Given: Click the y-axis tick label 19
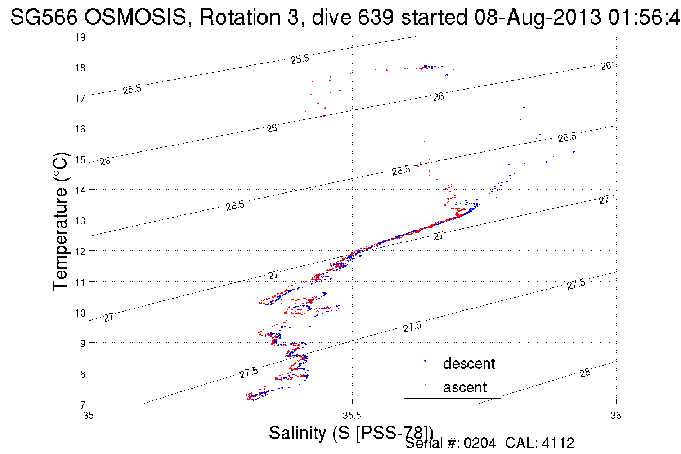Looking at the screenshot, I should pos(80,37).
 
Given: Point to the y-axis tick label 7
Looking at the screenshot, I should pos(82,405).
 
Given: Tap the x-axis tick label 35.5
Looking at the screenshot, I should pos(351,416).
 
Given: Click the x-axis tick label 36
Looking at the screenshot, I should pos(615,416).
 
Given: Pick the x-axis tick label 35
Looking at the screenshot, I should pos(88,416).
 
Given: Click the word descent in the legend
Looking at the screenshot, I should pos(469,364).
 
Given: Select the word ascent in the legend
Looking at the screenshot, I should pos(465,387).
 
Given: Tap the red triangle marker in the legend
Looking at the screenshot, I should pos(425,385).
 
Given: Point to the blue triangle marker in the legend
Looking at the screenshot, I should pos(425,361).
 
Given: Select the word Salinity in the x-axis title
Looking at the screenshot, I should pos(297,433).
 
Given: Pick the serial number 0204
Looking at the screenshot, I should pos(480,443).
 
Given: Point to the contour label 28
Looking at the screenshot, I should pos(585,373).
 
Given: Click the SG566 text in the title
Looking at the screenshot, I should pos(44,17).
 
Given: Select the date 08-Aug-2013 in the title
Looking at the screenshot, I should pos(537,17).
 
